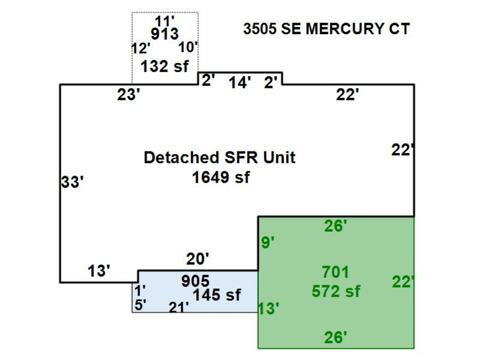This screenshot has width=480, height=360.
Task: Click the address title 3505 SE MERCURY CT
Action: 326,29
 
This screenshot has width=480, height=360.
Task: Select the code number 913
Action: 164,35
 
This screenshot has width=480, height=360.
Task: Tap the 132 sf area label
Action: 164,67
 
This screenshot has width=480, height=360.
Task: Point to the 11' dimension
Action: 165,22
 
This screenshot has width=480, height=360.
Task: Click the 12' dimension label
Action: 140,49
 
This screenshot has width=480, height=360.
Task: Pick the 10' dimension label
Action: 188,47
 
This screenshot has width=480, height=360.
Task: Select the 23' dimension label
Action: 129,95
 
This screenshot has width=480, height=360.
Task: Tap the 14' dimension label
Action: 240,83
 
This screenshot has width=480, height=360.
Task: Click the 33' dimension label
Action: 72,182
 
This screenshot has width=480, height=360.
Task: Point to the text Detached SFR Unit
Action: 220,158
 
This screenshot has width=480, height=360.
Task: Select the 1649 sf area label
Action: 221,177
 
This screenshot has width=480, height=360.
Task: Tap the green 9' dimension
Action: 268,243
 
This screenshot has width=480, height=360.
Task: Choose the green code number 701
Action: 336,273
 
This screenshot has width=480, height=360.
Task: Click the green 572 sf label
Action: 336,292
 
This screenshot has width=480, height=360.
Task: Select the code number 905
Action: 195,282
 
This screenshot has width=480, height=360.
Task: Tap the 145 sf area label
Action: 217,294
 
